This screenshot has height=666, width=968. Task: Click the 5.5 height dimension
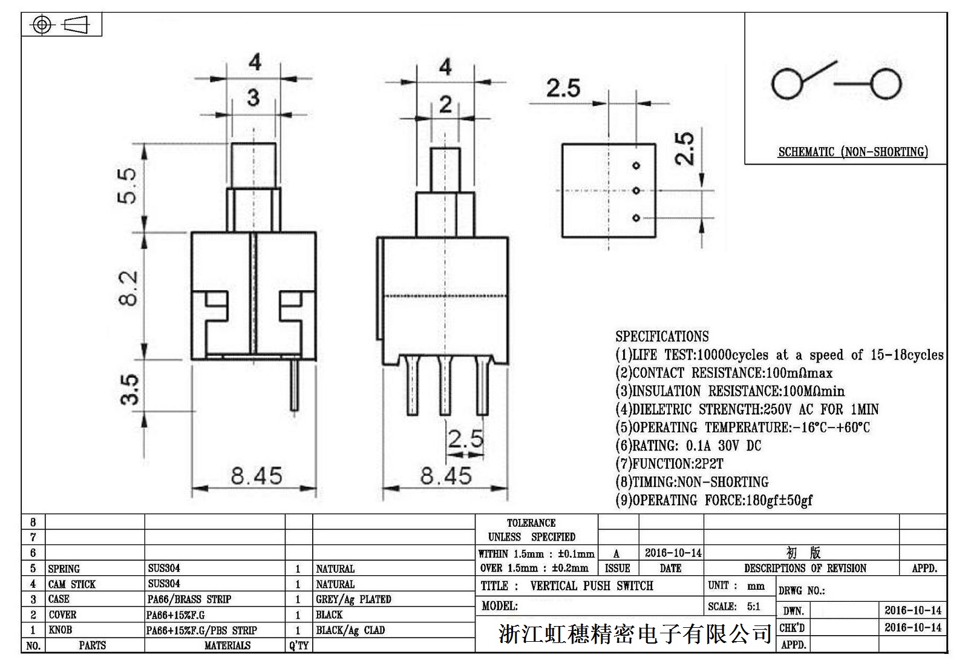(129, 185)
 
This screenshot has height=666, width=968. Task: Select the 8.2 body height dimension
(129, 288)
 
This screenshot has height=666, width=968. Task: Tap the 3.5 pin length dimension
(129, 389)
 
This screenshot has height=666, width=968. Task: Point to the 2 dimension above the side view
(445, 104)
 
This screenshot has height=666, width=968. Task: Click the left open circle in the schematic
(788, 83)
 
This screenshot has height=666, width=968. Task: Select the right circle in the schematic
(886, 83)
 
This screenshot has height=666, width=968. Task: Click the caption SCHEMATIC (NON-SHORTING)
(852, 151)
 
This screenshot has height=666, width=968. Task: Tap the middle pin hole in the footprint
(636, 191)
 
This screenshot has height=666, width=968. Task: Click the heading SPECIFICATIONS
(662, 337)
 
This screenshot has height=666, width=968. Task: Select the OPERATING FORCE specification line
(714, 500)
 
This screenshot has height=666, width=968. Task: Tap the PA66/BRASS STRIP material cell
(189, 599)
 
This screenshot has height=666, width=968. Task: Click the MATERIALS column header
(227, 645)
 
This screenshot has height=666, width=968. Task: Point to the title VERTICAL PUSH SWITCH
(591, 585)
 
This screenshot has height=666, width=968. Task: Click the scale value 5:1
(753, 606)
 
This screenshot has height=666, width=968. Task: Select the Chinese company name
(635, 634)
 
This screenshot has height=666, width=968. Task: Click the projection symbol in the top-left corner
(61, 25)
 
